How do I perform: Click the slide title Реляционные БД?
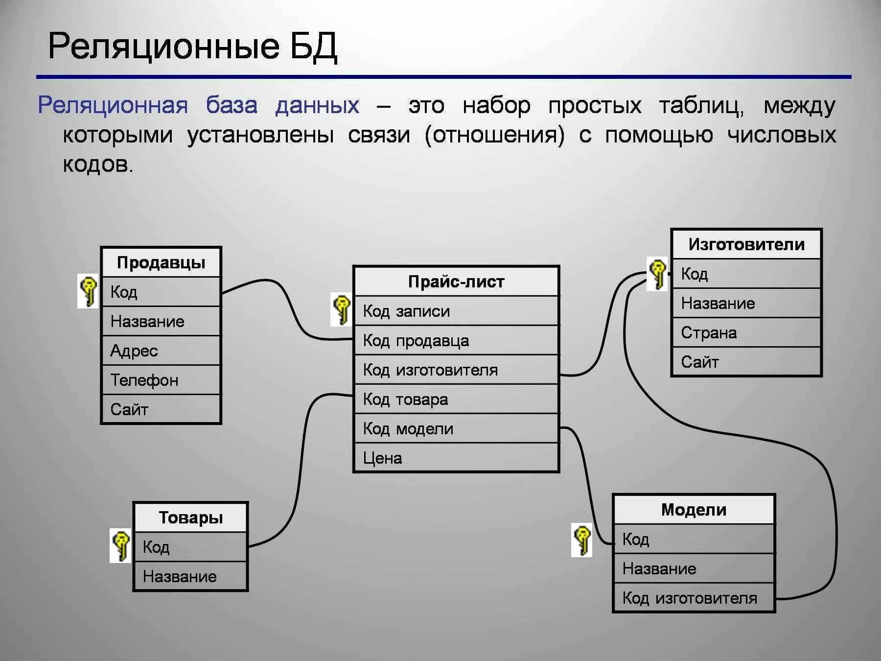tap(192, 47)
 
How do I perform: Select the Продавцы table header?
tap(161, 263)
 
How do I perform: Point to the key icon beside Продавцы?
tap(88, 291)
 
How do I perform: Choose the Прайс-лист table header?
tap(456, 282)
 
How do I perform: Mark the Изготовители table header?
tap(746, 244)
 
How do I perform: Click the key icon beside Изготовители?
tap(657, 274)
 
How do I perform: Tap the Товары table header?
tap(190, 518)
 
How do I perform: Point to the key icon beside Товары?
tap(120, 545)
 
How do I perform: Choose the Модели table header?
tap(694, 510)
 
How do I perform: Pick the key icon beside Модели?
tap(581, 540)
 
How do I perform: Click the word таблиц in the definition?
tap(701, 106)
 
